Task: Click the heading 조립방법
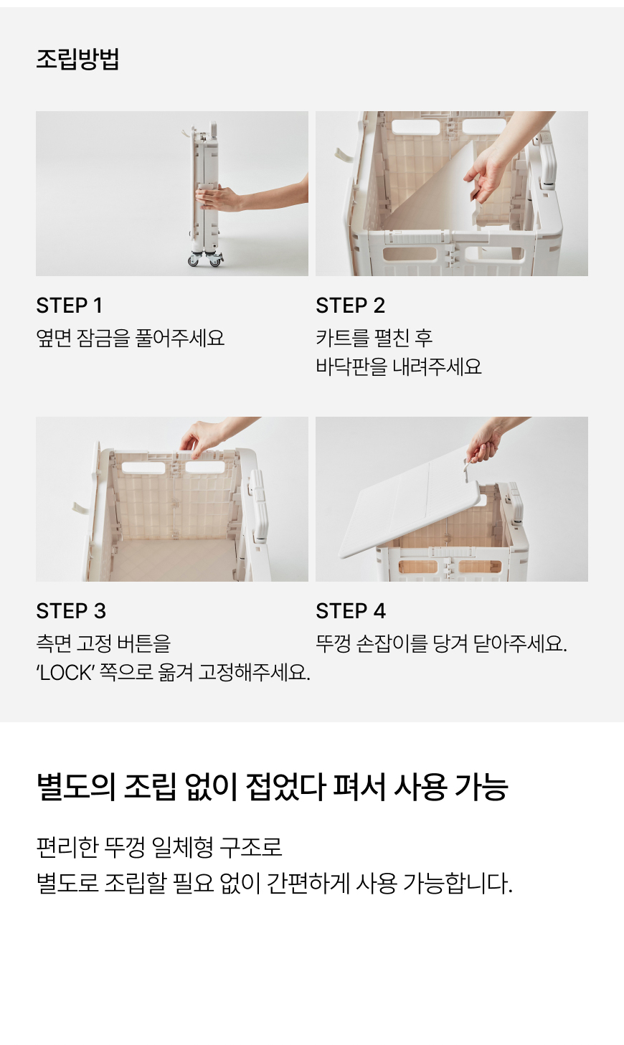[77, 60]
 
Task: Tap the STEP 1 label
[69, 306]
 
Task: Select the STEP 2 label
[350, 306]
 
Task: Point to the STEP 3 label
[71, 611]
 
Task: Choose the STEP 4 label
[351, 611]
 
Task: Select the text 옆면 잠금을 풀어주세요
[130, 338]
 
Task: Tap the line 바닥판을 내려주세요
[399, 367]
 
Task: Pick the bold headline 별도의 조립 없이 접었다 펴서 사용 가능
[272, 787]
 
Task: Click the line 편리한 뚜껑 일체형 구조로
[159, 847]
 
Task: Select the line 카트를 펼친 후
[374, 338]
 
